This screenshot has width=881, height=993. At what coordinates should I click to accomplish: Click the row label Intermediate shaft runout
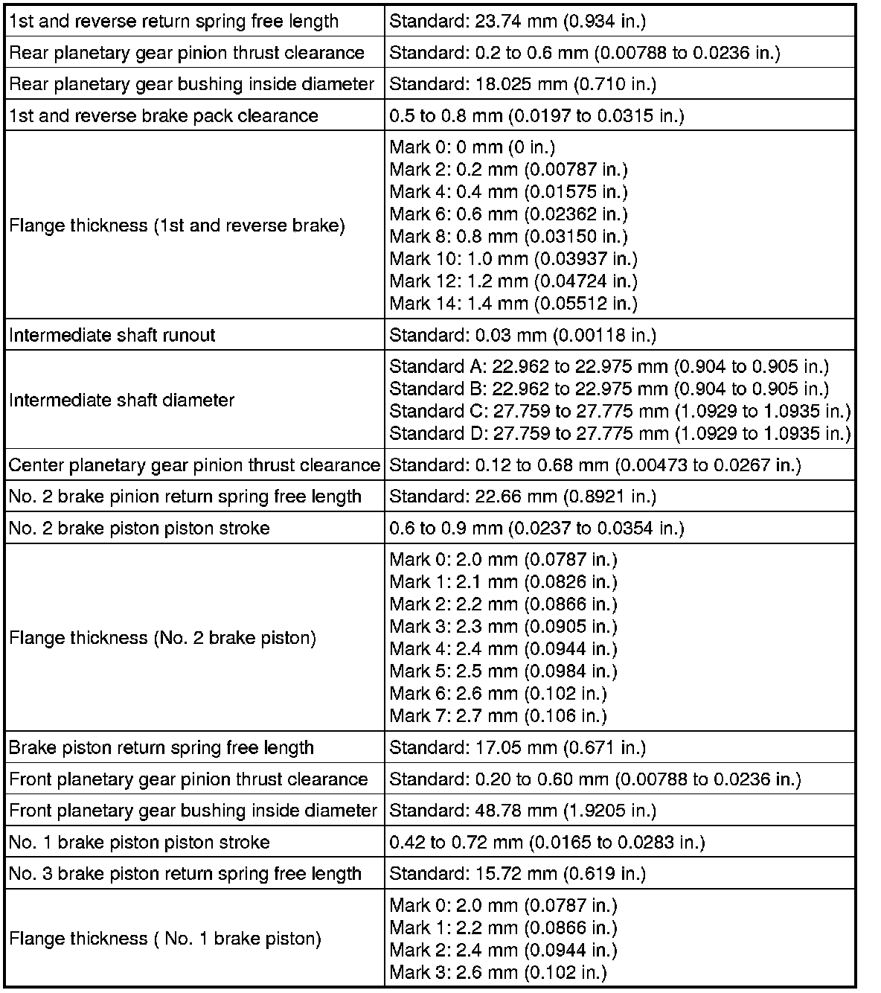click(x=112, y=335)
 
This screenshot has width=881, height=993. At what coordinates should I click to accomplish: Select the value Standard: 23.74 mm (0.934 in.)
click(x=517, y=21)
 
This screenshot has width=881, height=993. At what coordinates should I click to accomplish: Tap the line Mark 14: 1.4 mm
click(x=513, y=304)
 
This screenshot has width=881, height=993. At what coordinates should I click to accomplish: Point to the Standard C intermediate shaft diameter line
click(x=620, y=411)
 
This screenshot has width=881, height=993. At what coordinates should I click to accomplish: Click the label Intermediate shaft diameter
click(x=121, y=400)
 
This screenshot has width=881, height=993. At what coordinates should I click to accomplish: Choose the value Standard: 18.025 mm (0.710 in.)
click(x=522, y=84)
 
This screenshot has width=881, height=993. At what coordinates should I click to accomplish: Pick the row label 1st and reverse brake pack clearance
click(x=163, y=116)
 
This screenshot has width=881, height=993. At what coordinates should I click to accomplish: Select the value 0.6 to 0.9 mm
click(x=536, y=529)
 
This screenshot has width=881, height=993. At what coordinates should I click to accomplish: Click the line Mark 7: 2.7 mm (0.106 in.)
click(x=498, y=716)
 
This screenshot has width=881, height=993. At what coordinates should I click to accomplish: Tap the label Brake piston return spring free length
click(x=161, y=748)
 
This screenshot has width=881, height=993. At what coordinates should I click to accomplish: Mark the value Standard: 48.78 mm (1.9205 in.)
click(x=522, y=811)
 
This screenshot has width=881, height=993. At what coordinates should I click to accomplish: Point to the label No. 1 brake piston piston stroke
click(x=139, y=843)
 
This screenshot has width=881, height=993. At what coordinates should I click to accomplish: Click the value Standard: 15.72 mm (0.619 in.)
click(x=517, y=874)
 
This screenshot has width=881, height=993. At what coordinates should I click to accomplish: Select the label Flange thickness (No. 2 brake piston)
click(x=162, y=639)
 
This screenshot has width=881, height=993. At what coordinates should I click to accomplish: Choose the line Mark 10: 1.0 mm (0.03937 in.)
click(x=513, y=259)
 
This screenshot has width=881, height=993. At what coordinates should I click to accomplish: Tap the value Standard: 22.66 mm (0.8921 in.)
click(x=522, y=496)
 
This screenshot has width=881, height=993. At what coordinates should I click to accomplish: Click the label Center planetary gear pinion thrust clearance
click(x=194, y=466)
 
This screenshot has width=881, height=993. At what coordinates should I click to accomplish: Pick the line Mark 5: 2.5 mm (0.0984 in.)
click(x=503, y=671)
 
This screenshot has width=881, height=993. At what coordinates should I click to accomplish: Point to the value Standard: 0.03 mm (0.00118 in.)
click(x=522, y=335)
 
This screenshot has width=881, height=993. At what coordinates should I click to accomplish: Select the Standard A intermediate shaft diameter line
click(x=609, y=366)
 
